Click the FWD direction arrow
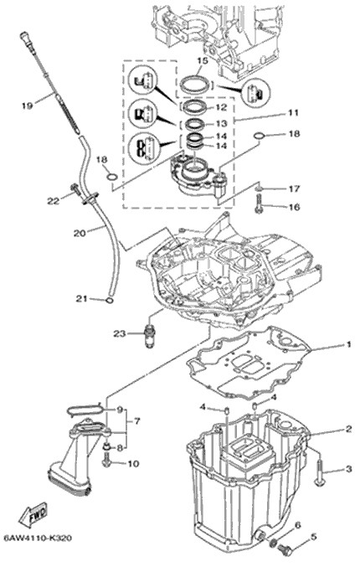33,515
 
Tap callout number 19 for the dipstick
27,106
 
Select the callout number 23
119,333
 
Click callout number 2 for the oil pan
348,429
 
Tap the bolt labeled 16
259,204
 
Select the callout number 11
294,113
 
